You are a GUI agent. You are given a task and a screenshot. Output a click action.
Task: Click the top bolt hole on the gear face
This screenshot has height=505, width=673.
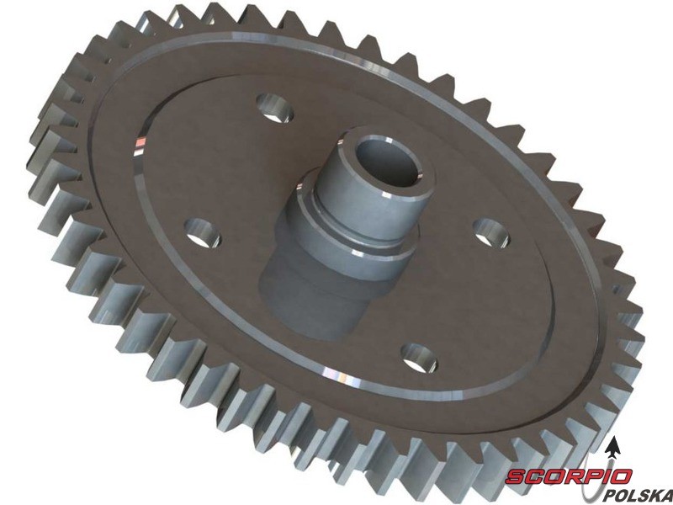coord(275,108)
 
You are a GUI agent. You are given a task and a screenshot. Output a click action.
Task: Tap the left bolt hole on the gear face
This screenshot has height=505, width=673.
coord(203,233)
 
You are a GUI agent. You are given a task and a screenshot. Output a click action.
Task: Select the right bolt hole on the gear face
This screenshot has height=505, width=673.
coord(491,233)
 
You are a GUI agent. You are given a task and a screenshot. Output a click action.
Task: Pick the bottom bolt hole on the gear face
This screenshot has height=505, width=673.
coord(419,359)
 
